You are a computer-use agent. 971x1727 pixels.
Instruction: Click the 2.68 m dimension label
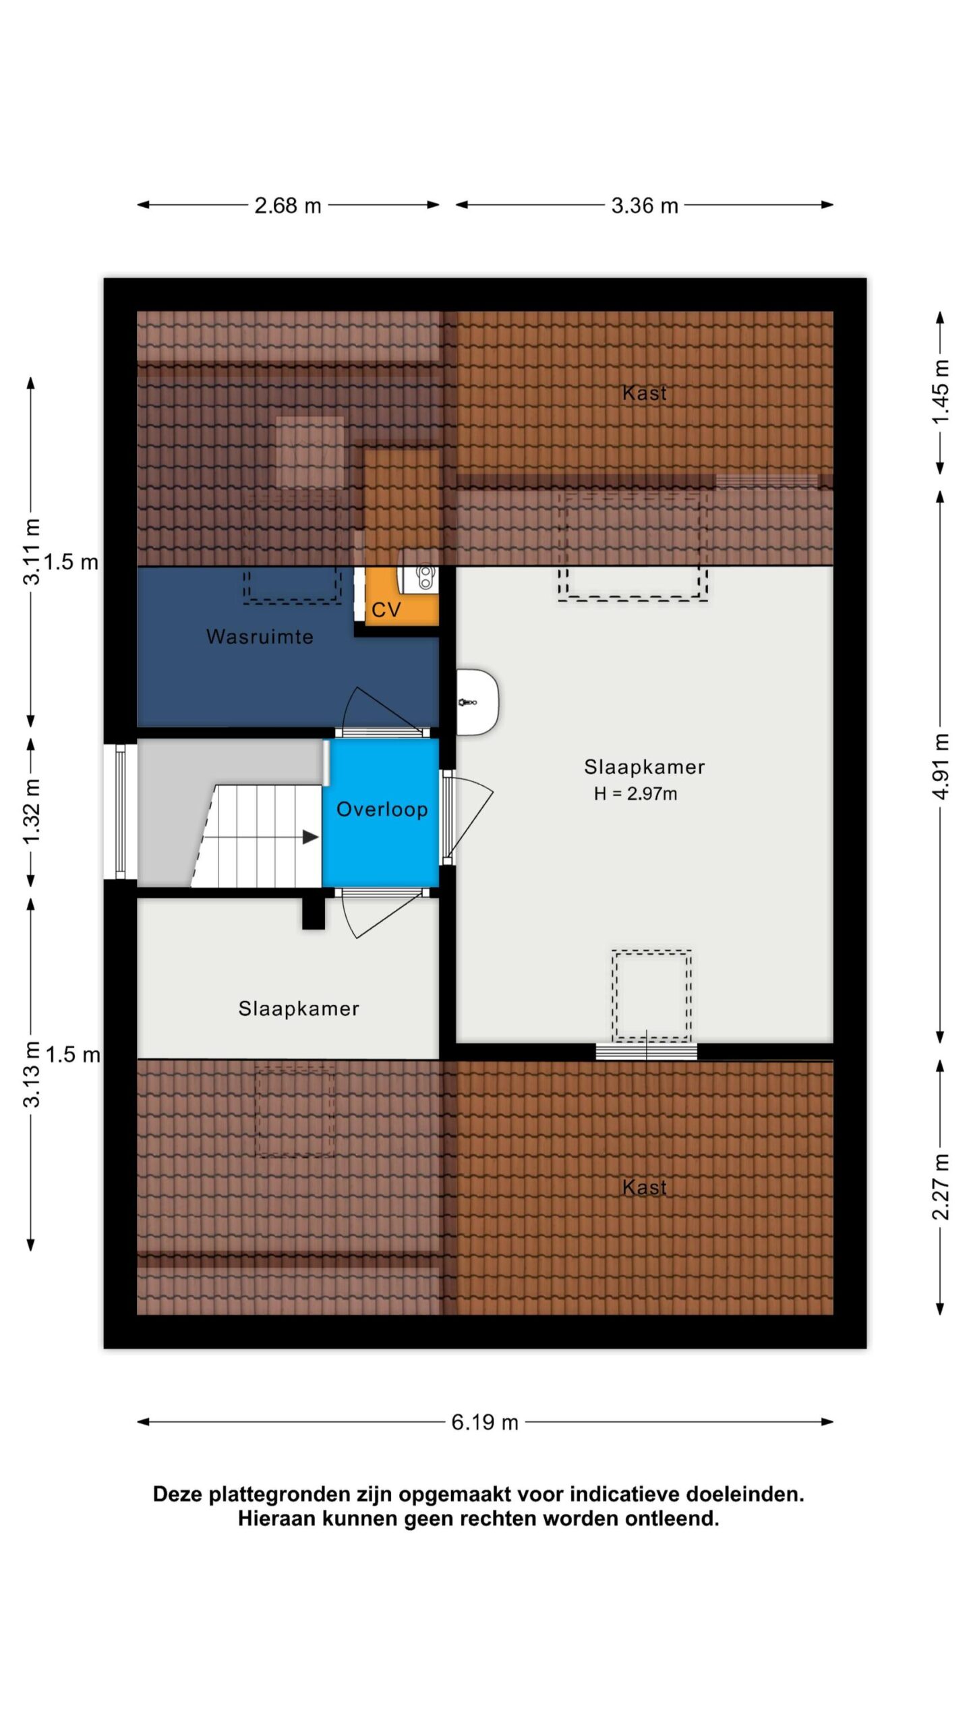287,205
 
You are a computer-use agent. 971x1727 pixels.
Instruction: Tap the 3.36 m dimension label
645,205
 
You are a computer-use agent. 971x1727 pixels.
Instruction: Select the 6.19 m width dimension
485,1422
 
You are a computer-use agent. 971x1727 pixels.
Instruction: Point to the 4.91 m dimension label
941,766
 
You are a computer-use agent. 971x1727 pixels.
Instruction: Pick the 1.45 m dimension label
941,392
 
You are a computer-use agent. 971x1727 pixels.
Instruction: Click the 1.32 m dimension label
31,811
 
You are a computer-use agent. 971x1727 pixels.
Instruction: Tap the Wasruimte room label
260,637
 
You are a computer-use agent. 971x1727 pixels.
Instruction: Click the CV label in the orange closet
386,610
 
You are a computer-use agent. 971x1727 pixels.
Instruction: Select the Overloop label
382,810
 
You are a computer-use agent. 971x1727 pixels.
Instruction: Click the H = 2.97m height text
635,794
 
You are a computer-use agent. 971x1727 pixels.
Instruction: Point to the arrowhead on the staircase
310,837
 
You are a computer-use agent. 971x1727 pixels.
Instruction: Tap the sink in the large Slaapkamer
477,702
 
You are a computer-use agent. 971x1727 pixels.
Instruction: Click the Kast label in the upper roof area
645,393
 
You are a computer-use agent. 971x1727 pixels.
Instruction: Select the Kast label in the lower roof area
645,1187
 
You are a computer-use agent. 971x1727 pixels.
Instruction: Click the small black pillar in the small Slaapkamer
313,913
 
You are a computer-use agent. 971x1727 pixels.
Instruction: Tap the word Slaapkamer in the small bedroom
299,1009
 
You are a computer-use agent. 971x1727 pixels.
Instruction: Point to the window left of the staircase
120,812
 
